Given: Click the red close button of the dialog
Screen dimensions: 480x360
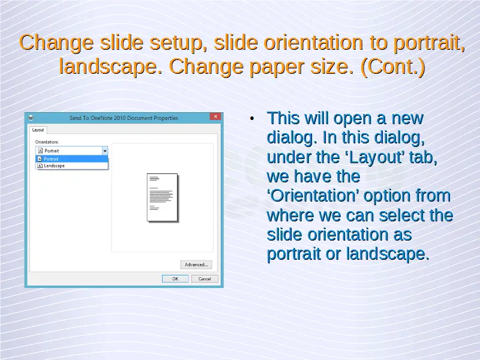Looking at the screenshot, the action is pyautogui.click(x=215, y=116).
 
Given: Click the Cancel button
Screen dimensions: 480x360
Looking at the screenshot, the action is pyautogui.click(x=205, y=279).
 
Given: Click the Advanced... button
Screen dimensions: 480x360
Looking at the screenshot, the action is pyautogui.click(x=196, y=265).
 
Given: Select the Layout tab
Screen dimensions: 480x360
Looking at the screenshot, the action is pyautogui.click(x=38, y=130).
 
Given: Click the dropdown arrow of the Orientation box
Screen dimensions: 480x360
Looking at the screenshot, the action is pyautogui.click(x=104, y=151).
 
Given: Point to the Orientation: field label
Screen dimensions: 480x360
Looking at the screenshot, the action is pyautogui.click(x=47, y=142).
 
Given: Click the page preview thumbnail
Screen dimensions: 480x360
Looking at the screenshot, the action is pyautogui.click(x=163, y=197).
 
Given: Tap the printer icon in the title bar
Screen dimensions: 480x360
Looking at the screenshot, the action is pyautogui.click(x=31, y=118).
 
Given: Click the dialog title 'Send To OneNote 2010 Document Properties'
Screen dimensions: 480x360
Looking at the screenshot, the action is pyautogui.click(x=124, y=118).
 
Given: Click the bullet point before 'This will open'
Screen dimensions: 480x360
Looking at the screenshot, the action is pyautogui.click(x=252, y=118).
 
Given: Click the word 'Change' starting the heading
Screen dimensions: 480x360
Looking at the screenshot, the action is pyautogui.click(x=56, y=42).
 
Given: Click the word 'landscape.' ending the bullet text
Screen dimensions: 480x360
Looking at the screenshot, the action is pyautogui.click(x=388, y=254).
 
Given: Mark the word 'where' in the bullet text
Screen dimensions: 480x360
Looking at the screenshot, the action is pyautogui.click(x=290, y=215).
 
